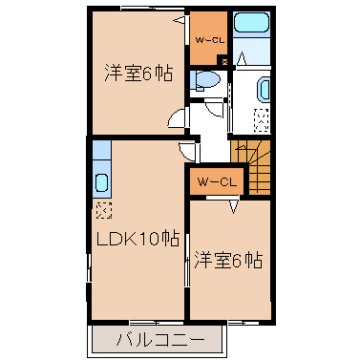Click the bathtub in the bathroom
tap(251, 22)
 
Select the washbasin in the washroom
tap(264, 90)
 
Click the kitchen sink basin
tap(102, 182)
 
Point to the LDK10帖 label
tap(138, 239)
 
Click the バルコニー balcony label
tap(159, 341)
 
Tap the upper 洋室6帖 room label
tap(138, 74)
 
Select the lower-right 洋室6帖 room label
tap(228, 260)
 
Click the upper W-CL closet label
tap(210, 40)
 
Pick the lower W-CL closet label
tap(217, 182)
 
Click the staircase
tap(251, 167)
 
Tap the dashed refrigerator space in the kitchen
tap(104, 210)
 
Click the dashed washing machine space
tap(262, 120)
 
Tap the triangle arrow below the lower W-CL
tap(234, 206)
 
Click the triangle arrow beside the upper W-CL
tap(180, 21)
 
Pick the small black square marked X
tap(224, 61)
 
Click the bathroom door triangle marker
tap(243, 58)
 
